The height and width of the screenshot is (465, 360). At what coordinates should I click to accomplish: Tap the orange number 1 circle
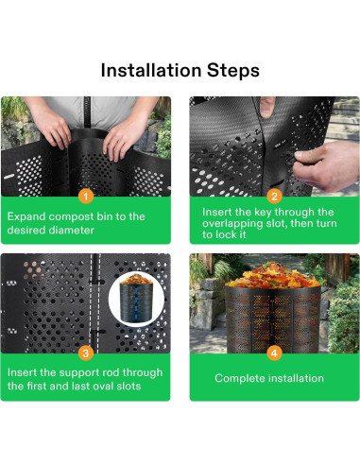click(85, 196)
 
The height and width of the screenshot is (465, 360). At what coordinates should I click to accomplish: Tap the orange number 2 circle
click(274, 196)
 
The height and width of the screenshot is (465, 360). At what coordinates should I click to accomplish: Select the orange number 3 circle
click(85, 353)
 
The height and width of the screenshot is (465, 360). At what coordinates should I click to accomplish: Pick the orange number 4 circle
click(274, 353)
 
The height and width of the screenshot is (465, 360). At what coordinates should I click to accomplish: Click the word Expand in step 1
click(29, 216)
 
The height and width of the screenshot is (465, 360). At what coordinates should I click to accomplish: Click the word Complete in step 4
click(239, 379)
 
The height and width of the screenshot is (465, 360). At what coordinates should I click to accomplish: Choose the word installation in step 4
click(294, 379)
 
